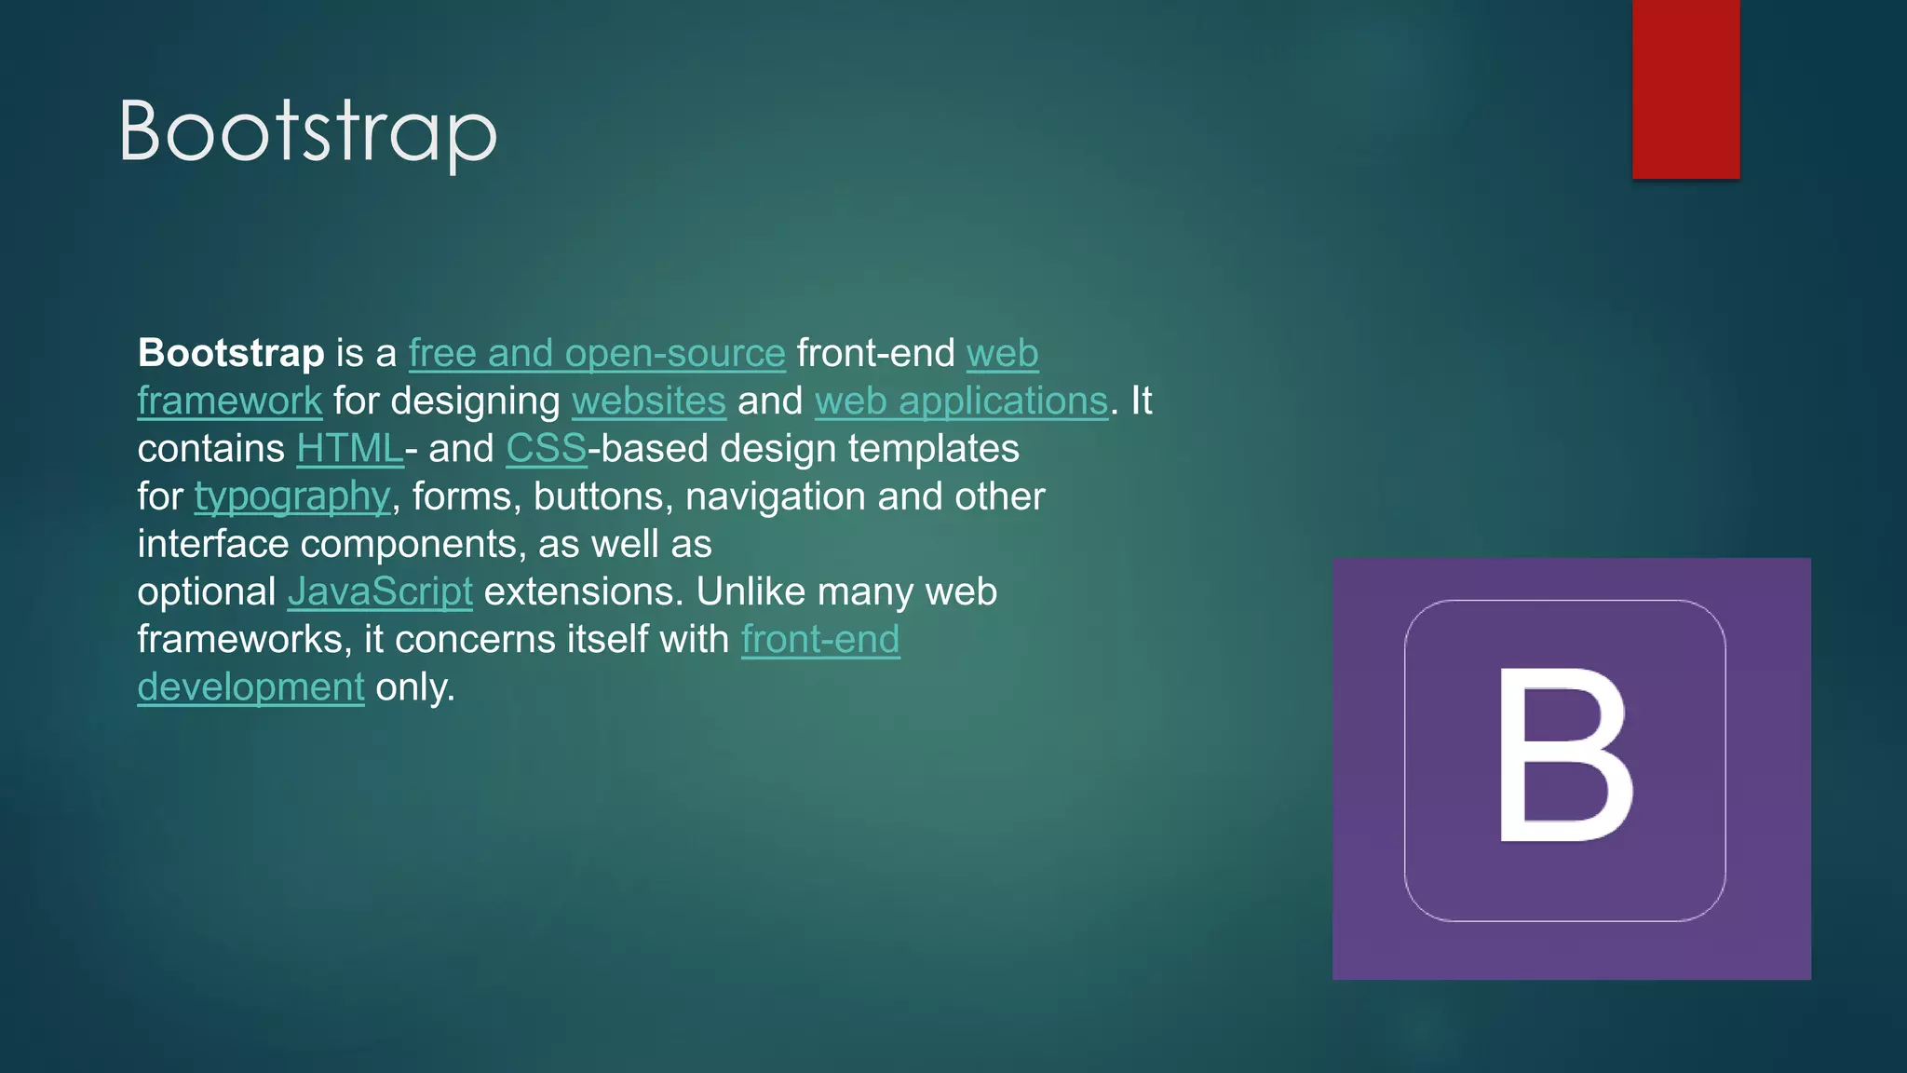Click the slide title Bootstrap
(x=308, y=132)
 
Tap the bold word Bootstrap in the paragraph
(x=231, y=353)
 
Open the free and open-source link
(x=597, y=353)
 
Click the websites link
(x=648, y=401)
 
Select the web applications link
(x=961, y=401)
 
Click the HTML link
(x=350, y=449)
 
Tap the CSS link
(x=547, y=449)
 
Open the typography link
(x=292, y=496)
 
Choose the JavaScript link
(x=380, y=591)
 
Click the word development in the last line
(x=250, y=687)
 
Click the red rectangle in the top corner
(x=1685, y=88)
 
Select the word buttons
(x=603, y=496)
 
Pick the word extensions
(x=583, y=591)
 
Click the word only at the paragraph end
(x=413, y=687)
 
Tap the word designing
(x=475, y=401)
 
